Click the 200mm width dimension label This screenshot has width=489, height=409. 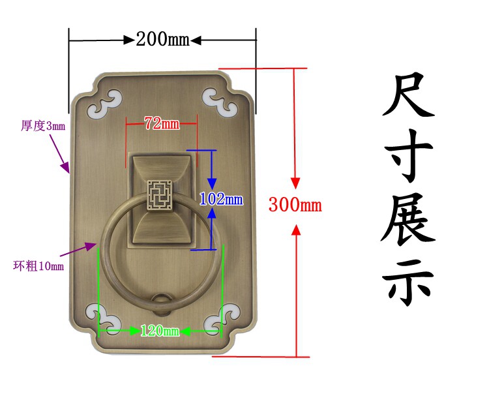tap(162, 40)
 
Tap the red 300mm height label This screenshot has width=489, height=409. tap(295, 205)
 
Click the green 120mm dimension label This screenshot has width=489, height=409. tap(160, 331)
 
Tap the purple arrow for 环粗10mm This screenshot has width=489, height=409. tap(78, 250)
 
